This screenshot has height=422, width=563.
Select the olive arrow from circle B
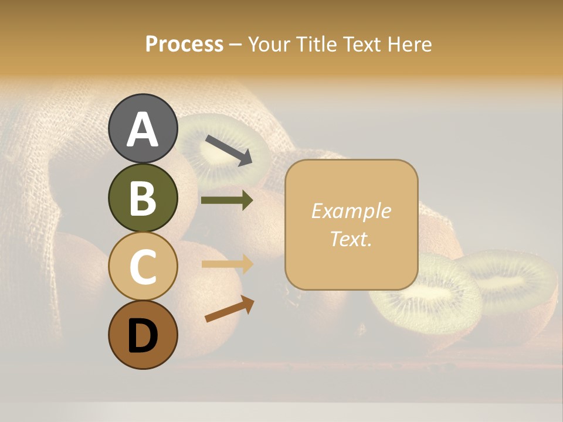click(227, 200)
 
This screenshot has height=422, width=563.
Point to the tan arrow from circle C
click(228, 264)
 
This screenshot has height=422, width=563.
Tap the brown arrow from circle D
click(229, 309)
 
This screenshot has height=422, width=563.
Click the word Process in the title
click(184, 45)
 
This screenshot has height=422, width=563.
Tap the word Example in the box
click(351, 211)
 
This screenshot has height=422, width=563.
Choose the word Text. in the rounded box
click(351, 239)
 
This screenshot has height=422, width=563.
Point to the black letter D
click(143, 336)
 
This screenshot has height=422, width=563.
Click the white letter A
click(143, 130)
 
